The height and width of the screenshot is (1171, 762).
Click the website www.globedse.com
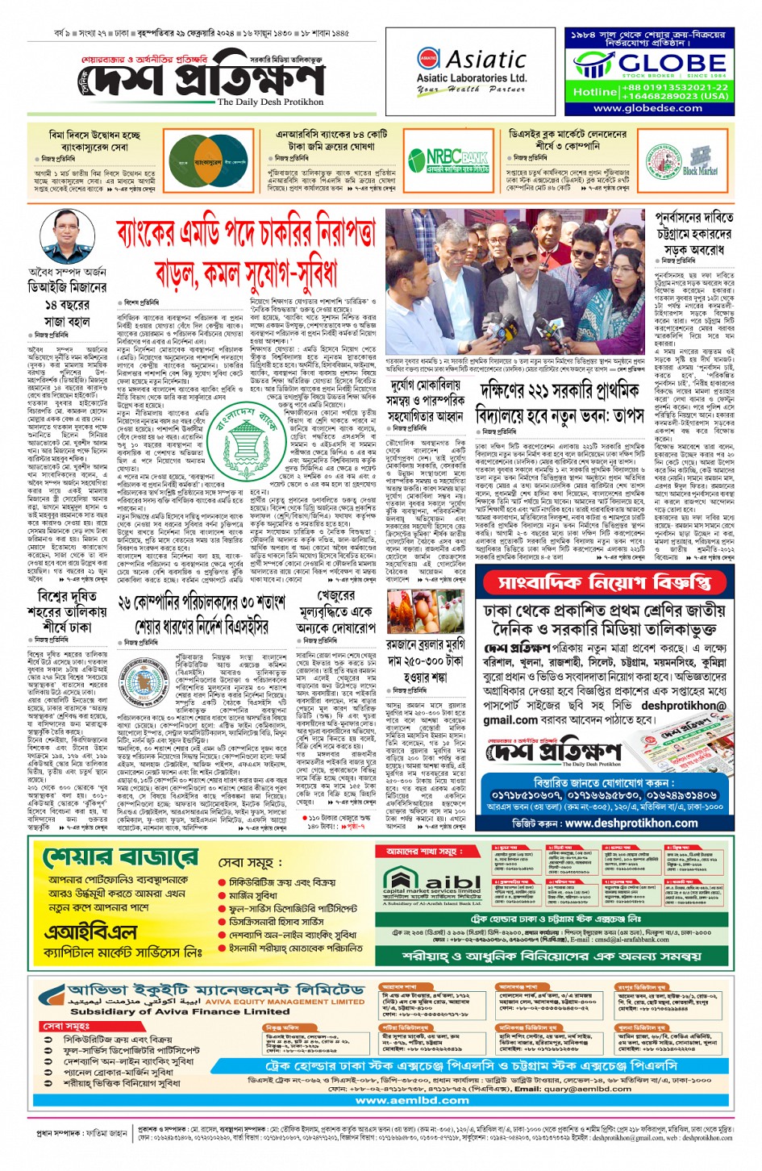pos(647,108)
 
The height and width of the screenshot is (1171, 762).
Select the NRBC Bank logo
pos(457,160)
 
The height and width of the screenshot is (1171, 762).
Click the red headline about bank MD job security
pos(245,252)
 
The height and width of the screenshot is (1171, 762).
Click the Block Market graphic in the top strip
pos(699,162)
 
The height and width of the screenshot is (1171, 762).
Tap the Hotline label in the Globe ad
pos(595,92)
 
